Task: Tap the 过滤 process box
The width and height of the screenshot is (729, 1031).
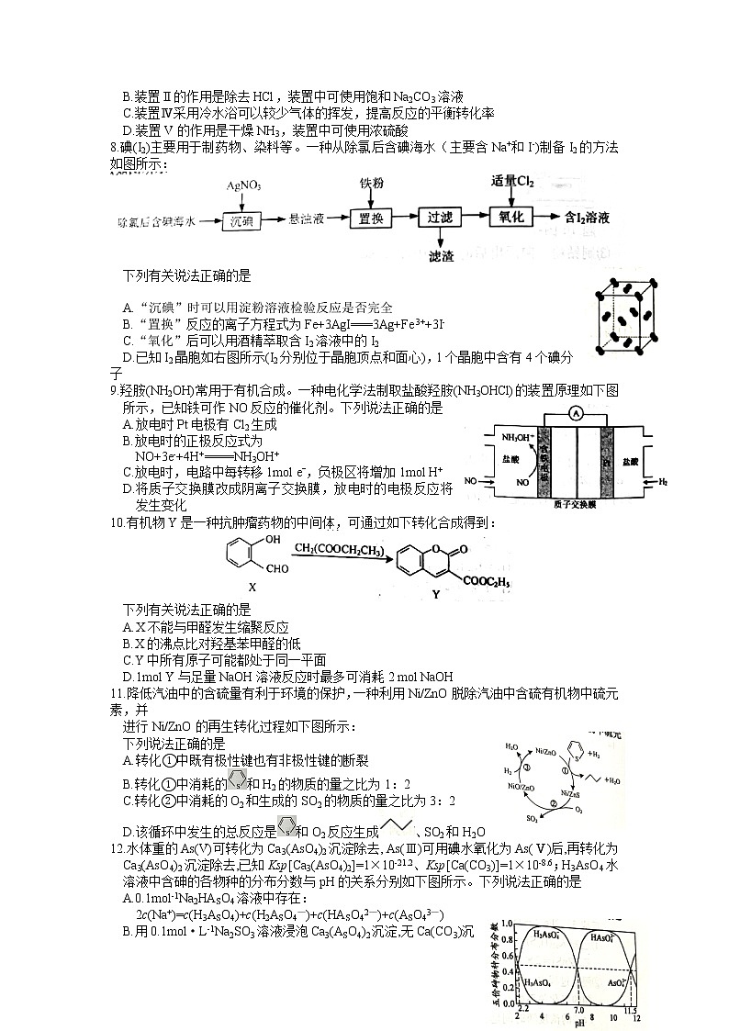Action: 438,219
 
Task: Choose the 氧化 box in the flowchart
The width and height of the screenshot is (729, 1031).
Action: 510,218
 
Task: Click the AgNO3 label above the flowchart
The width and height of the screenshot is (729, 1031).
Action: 243,186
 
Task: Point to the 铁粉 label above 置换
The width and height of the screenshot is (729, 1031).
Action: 370,185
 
